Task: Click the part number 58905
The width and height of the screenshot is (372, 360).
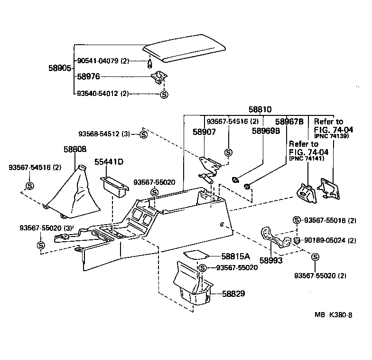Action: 60,68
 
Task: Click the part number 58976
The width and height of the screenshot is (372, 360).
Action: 89,76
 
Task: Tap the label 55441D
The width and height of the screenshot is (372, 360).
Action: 109,162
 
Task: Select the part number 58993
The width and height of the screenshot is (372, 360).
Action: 271,261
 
